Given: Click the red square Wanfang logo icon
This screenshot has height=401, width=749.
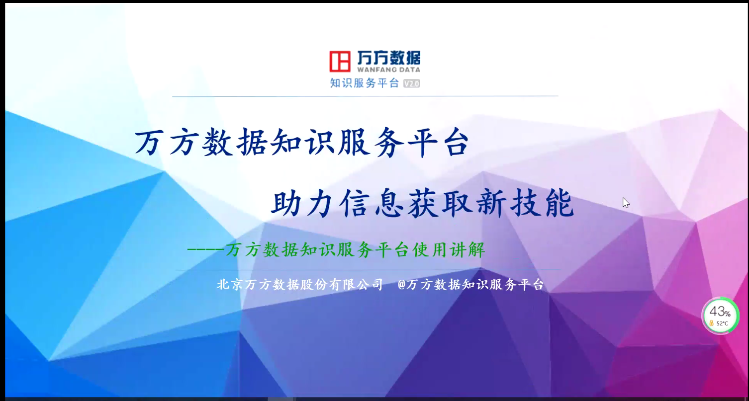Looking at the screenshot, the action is tap(340, 61).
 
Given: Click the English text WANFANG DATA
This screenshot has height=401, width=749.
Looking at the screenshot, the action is tap(388, 70).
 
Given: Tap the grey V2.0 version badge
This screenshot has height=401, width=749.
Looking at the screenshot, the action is tap(411, 83).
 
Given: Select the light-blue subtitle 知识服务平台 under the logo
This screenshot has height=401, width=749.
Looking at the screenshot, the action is tap(365, 83).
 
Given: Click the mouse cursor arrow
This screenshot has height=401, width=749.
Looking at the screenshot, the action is tap(626, 203).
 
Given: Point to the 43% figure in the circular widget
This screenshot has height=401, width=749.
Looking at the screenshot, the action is tap(720, 312).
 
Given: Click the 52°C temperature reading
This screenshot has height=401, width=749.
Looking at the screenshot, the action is tap(722, 323).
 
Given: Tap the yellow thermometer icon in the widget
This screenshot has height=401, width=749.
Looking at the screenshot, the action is tap(712, 323).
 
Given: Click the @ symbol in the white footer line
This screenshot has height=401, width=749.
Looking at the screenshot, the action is tap(401, 285).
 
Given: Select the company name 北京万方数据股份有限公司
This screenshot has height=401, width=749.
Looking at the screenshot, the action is tap(300, 285).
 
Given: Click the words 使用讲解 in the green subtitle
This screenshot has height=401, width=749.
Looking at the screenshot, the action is tap(449, 249).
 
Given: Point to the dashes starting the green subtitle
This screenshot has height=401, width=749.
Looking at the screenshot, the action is tap(205, 249).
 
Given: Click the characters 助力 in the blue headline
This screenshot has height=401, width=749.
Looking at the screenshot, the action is tap(302, 203).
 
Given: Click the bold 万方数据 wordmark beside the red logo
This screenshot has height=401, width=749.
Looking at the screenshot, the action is tap(388, 58).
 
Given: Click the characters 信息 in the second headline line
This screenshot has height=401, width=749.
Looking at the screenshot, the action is tap(371, 203).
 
